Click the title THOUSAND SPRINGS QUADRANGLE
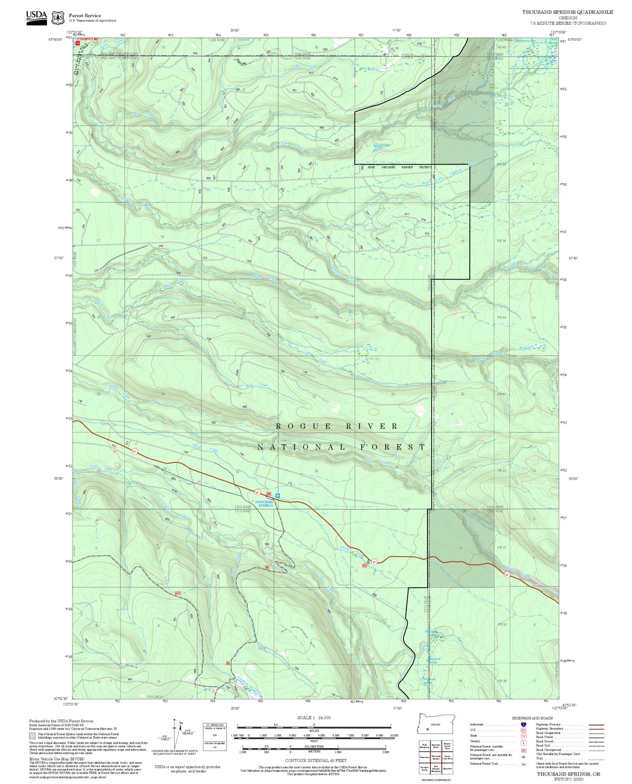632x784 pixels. coord(567,12)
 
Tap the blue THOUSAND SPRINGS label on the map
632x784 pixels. coord(264,503)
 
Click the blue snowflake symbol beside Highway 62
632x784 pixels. coord(278,496)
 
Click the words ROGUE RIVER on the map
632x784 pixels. coord(337,426)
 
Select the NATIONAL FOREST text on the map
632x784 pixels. coord(341,447)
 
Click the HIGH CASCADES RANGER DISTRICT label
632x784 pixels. coord(399,167)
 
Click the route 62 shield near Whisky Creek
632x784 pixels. coord(374,562)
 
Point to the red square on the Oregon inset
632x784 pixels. coord(427,729)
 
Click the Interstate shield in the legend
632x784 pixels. coord(524,724)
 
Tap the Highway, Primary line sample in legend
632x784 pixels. coord(597,725)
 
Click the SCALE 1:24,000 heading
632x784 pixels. coord(314,718)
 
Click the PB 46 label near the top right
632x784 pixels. coord(501,47)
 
